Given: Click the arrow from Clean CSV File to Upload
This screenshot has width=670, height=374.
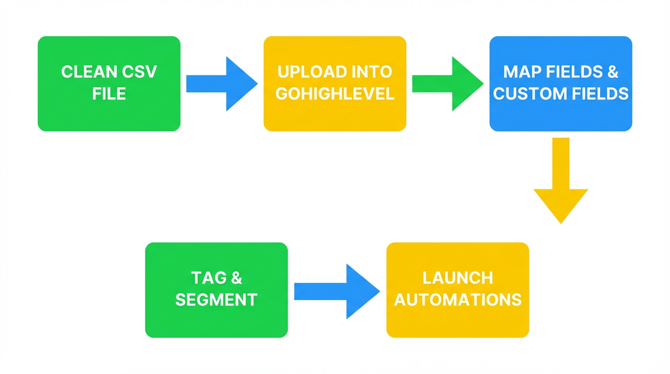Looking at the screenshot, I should [222, 84].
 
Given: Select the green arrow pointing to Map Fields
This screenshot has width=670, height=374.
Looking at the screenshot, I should [447, 84].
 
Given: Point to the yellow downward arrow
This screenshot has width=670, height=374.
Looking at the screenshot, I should [561, 185].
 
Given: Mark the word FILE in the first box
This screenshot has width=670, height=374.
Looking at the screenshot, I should [109, 93].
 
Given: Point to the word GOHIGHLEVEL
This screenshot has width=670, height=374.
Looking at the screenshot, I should [335, 93].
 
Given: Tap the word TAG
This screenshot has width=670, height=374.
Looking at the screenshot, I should [202, 278].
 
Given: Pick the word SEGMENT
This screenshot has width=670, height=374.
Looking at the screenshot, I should [216, 299].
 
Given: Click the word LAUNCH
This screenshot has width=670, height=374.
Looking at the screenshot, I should [457, 278].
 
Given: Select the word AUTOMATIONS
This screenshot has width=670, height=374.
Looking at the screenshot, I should [457, 299].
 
